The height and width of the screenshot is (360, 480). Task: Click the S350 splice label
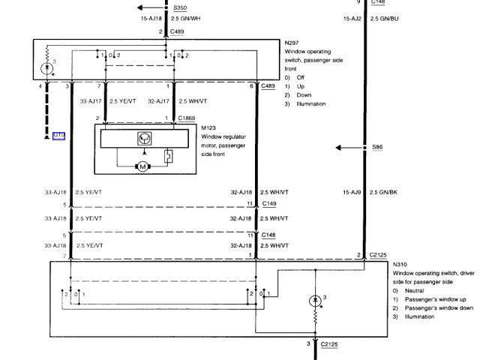tap(181, 6)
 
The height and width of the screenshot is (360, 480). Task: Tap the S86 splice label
tap(377, 148)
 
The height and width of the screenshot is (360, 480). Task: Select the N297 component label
tap(293, 42)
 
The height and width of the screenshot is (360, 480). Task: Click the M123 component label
tap(208, 127)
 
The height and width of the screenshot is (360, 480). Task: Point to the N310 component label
tap(400, 265)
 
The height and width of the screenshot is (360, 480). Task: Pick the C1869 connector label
tap(187, 118)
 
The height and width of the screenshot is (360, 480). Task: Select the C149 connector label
tap(268, 203)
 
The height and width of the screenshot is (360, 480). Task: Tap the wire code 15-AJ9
tap(354, 192)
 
